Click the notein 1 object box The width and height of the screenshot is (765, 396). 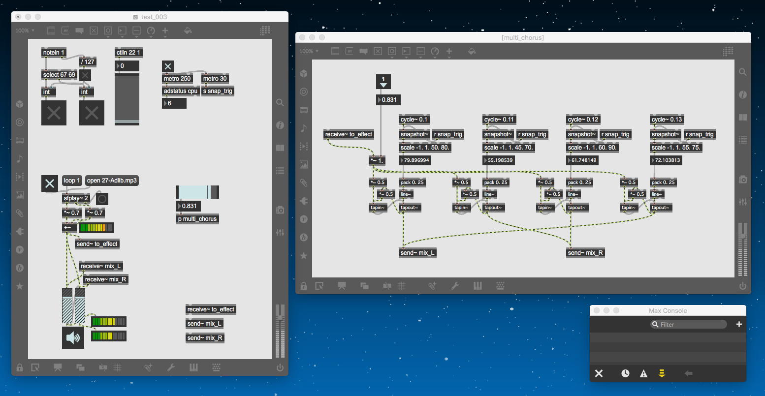54,53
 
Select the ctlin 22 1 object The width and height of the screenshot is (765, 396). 128,53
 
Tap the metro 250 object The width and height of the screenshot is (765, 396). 177,79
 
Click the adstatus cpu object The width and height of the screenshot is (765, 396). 181,91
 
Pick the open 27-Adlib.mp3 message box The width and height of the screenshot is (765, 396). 112,181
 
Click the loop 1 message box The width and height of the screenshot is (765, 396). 72,181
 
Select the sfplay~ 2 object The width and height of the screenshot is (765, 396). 76,198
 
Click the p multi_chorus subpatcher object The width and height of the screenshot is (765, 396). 197,219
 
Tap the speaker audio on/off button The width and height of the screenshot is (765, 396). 73,337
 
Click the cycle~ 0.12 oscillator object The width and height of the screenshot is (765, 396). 583,120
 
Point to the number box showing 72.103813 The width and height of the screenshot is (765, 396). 667,160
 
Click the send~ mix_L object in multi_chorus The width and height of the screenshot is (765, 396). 417,253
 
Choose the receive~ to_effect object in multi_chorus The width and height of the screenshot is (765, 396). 349,134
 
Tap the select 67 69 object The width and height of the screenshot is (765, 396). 59,75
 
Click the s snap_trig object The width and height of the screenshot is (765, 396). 218,91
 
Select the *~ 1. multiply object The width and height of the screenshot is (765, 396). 378,160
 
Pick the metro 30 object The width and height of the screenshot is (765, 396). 215,79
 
